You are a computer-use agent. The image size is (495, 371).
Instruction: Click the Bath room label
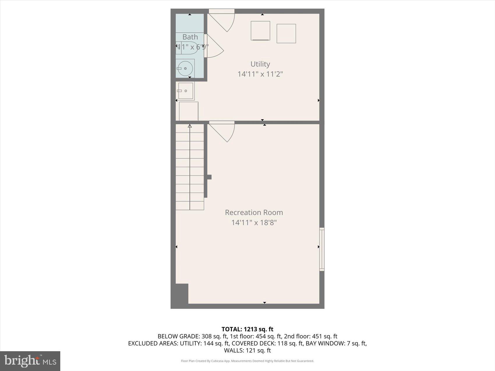[x=190, y=37]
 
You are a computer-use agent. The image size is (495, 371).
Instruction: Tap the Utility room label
[x=260, y=64]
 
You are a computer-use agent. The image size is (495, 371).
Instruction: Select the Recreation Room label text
[x=254, y=212]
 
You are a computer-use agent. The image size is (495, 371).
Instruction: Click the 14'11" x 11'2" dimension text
[x=260, y=74]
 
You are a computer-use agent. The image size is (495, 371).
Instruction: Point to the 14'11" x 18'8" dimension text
[x=254, y=223]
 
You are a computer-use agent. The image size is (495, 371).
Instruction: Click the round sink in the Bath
[x=185, y=69]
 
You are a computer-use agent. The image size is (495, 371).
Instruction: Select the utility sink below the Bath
[x=185, y=91]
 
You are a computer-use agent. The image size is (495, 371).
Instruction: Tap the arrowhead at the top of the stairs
[x=190, y=126]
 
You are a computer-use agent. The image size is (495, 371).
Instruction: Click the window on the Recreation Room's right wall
[x=322, y=249]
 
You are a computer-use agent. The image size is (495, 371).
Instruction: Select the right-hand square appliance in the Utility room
[x=286, y=33]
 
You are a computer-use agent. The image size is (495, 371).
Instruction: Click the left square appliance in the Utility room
[x=260, y=31]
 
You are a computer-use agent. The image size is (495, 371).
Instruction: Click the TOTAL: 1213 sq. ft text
[x=247, y=329]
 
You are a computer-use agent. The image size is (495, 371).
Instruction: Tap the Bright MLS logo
[x=30, y=361]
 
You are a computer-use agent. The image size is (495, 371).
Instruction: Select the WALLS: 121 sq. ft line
[x=247, y=350]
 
